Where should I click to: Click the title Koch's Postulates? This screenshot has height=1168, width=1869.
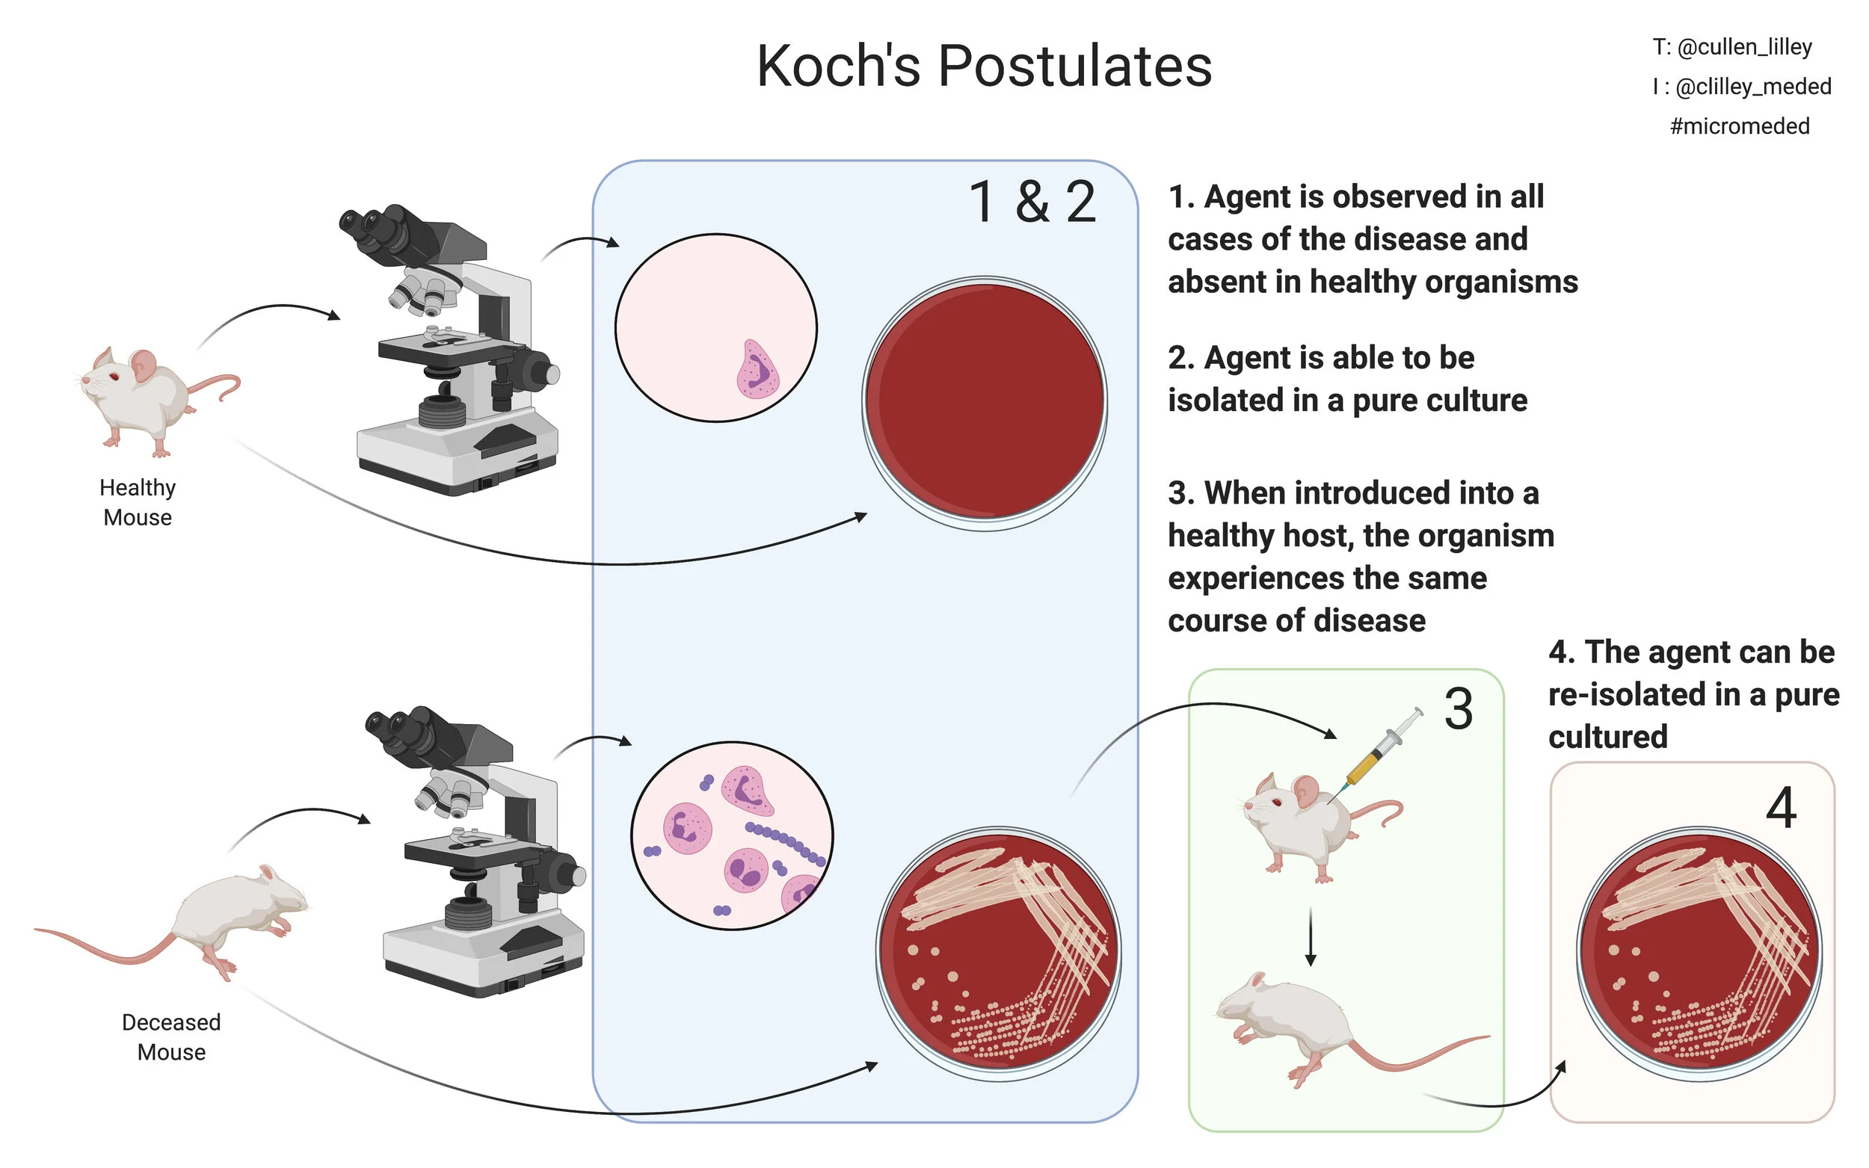(984, 67)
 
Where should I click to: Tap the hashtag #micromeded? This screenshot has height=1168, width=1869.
(1739, 126)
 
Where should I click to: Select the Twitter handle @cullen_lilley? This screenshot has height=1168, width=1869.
(1744, 47)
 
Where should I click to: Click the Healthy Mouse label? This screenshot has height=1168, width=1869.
(138, 502)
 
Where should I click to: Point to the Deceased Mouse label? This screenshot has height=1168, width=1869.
(170, 1036)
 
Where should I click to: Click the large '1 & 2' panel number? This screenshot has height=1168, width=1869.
(1032, 203)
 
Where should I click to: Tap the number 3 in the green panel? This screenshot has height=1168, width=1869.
(1458, 709)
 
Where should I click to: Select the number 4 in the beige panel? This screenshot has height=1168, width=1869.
(1780, 808)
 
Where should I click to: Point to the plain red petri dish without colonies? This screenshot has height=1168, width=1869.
(985, 402)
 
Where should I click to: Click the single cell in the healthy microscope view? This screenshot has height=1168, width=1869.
(757, 371)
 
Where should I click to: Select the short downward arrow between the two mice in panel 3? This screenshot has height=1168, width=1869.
(1311, 937)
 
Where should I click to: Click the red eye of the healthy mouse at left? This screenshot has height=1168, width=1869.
(114, 376)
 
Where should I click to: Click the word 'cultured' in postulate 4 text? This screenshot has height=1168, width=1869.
(1607, 737)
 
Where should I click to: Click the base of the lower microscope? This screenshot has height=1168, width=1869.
(483, 958)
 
